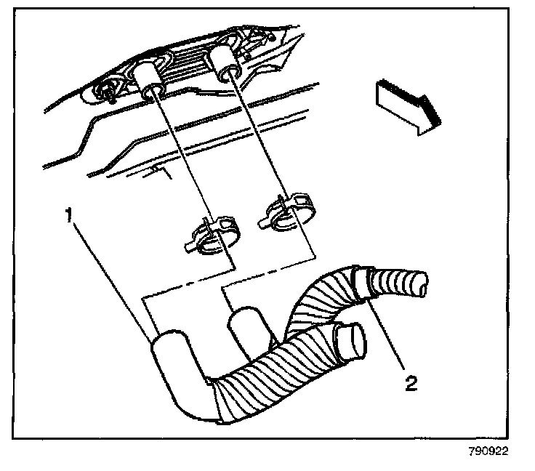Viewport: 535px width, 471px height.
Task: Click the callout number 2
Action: [411, 384]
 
